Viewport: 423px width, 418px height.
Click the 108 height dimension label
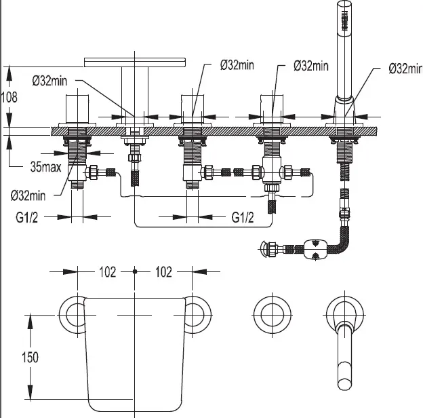9,97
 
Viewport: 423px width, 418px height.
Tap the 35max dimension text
45,167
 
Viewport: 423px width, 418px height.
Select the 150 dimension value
31,357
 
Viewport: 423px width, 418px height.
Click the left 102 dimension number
107,272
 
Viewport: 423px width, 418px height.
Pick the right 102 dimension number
163,272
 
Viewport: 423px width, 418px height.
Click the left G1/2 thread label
27,217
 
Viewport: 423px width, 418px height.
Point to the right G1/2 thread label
243,217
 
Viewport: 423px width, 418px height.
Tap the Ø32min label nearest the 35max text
28,195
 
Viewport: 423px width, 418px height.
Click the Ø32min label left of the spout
49,81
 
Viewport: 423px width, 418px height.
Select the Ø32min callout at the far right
405,68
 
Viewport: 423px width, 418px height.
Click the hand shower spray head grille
344,21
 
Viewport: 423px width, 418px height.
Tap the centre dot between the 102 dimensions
135,271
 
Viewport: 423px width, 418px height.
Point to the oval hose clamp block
315,249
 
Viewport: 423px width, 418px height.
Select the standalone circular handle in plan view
272,315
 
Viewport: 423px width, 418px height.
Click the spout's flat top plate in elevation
135,62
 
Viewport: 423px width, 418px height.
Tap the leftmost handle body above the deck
77,109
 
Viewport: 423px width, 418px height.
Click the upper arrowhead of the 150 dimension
31,322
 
